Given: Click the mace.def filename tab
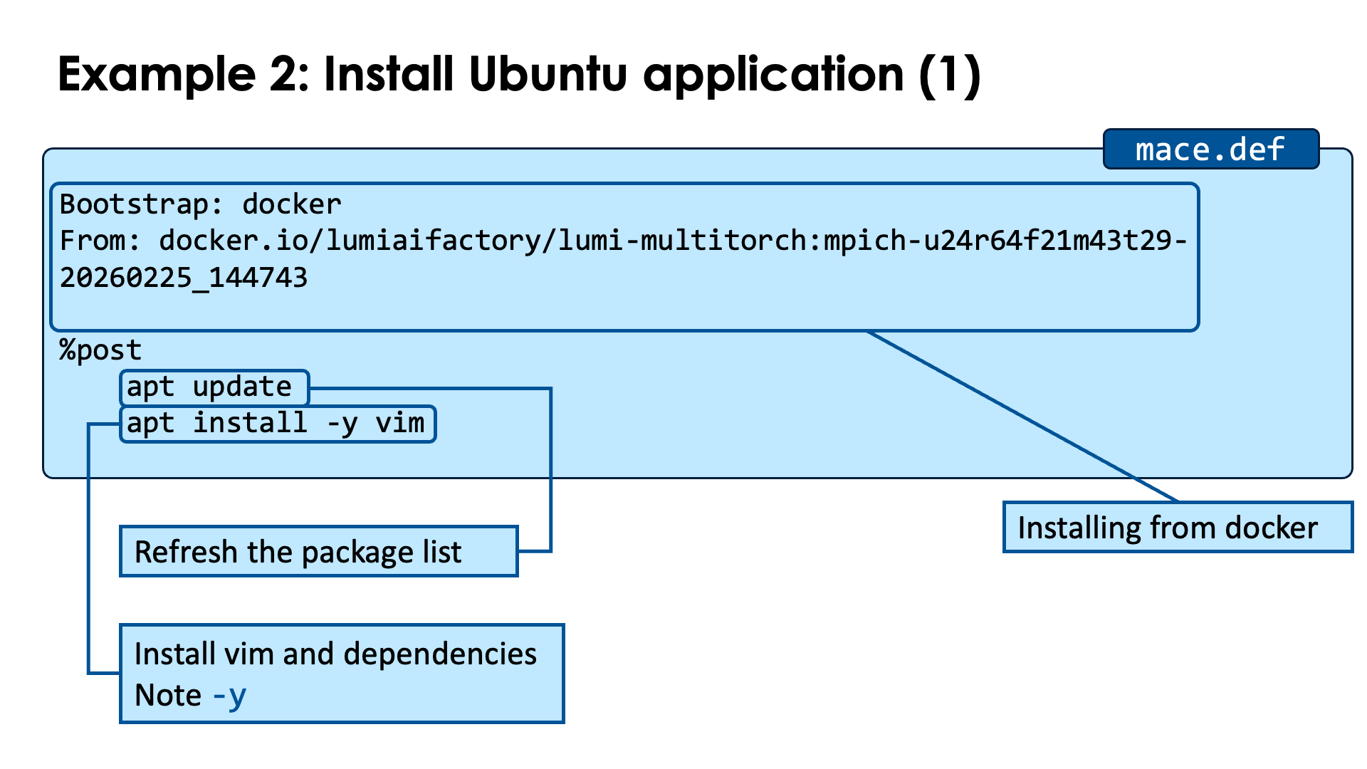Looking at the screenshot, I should pos(1210,150).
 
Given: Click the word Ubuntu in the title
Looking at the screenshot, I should pos(548,74).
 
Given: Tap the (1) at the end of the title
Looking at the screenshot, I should pos(950,74).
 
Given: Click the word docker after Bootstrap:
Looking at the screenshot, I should pos(292,205).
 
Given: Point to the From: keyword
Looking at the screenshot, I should pos(100,241).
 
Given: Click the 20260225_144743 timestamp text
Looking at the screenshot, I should pos(184,278).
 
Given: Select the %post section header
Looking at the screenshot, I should pos(100,350).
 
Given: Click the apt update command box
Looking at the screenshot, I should pos(214,387).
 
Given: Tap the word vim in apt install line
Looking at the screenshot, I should pos(400,424).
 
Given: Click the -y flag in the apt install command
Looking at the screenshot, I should pos(342,424).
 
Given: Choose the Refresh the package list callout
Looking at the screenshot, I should pos(318,552).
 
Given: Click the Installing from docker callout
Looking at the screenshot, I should pos(1177,528).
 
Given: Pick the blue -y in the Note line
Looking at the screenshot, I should pos(229,696).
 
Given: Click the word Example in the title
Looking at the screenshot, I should pos(157,74).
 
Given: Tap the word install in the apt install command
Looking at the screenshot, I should pos(250,424).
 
